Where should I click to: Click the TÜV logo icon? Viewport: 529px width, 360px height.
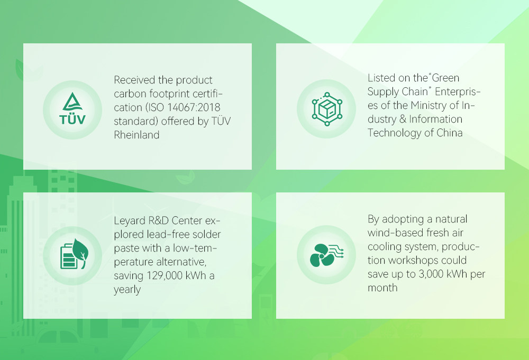pyautogui.click(x=72, y=108)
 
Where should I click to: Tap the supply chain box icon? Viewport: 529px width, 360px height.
pyautogui.click(x=326, y=109)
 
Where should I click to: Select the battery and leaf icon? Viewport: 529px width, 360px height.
pyautogui.click(x=74, y=254)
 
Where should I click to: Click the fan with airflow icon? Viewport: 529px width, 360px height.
pyautogui.click(x=326, y=255)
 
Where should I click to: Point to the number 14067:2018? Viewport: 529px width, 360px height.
pyautogui.click(x=194, y=107)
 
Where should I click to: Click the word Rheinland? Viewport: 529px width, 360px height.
pyautogui.click(x=136, y=135)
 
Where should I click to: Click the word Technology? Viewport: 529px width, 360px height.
pyautogui.click(x=395, y=133)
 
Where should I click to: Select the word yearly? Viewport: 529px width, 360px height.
pyautogui.click(x=127, y=290)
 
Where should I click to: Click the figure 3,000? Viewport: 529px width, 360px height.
pyautogui.click(x=431, y=274)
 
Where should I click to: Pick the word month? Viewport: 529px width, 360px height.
pyautogui.click(x=382, y=288)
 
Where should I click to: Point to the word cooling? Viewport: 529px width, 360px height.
pyautogui.click(x=384, y=247)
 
